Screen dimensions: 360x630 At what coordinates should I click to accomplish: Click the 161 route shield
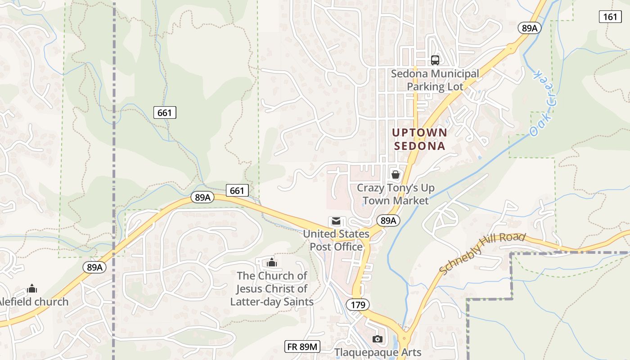610,17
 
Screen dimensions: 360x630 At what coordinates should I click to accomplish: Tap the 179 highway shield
358,305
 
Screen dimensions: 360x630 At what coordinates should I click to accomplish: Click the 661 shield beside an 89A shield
237,190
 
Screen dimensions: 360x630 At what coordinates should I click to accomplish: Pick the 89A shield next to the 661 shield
202,197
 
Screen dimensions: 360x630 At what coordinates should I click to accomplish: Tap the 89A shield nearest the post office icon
388,220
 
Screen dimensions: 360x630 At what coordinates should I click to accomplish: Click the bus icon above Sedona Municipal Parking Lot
435,60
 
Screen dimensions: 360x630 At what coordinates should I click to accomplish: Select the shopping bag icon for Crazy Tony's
395,174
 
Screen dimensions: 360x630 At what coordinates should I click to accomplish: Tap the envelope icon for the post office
336,221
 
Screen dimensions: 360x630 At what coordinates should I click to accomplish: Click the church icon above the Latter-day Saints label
271,262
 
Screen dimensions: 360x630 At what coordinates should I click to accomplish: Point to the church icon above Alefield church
32,288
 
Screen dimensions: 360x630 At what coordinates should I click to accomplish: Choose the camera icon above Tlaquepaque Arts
377,339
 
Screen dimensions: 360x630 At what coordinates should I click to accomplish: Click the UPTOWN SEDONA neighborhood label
419,139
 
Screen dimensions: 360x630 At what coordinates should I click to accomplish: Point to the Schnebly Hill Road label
482,253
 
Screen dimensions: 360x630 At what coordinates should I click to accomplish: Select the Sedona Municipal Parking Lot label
435,80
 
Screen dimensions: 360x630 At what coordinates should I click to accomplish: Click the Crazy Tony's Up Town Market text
396,194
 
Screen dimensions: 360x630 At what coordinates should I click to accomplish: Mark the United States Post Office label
336,240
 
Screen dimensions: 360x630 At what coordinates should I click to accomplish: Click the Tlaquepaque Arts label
378,352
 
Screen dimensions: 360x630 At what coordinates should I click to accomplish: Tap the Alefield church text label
34,301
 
